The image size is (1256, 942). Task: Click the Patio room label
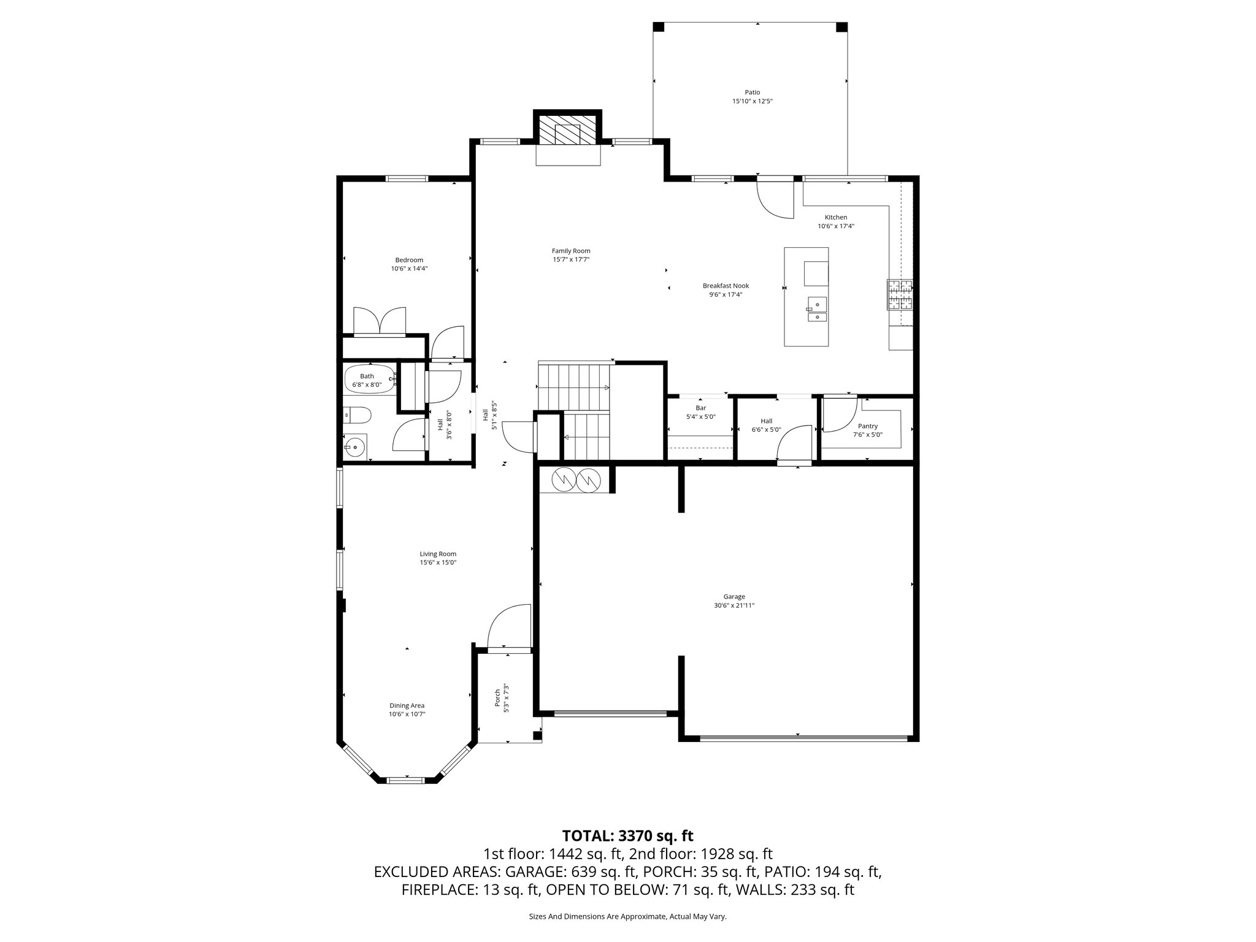pos(752,93)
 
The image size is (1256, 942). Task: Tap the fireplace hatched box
pos(567,130)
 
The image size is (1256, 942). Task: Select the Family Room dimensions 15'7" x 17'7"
pos(570,259)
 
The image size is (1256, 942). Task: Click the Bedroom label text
pos(409,260)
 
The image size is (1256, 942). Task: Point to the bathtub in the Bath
pos(369,378)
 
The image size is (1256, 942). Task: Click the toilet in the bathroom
pos(358,416)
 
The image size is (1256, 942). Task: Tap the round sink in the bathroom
pos(355,447)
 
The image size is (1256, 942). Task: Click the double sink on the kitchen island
pos(817,310)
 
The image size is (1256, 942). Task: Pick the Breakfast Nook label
pos(726,286)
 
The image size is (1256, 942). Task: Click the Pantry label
pos(868,426)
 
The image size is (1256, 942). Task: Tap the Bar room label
pos(700,408)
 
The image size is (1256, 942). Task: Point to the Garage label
pos(734,597)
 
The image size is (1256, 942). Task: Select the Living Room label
pos(438,554)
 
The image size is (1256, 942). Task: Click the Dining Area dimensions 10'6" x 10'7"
pos(407,714)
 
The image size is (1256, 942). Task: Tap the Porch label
pos(497,698)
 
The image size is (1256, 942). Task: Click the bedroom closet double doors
pos(380,321)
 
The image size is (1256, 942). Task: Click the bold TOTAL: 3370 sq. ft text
pos(627,835)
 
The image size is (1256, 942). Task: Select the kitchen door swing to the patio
pos(775,200)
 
